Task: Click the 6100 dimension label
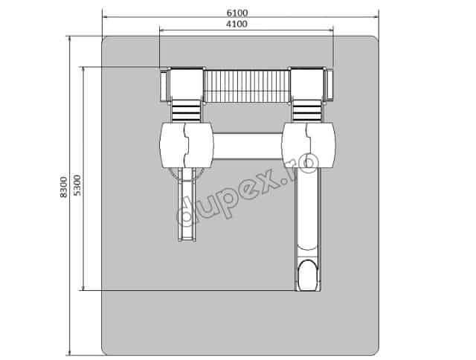[x=237, y=13]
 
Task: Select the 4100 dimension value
[x=237, y=24]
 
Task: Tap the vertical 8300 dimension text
[x=63, y=187]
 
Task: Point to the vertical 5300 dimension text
[x=77, y=185]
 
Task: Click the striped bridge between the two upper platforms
[x=246, y=86]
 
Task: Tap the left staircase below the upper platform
[x=187, y=111]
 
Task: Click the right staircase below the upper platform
[x=307, y=111]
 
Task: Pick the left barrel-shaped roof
[x=187, y=145]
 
